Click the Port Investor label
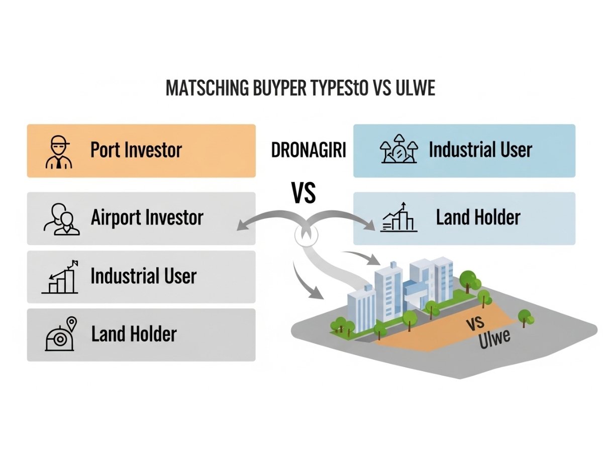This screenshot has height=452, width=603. [136, 150]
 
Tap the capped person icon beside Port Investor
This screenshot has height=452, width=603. [59, 151]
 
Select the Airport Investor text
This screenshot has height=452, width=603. [147, 217]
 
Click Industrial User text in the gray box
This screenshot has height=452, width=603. [143, 276]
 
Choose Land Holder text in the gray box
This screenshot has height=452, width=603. [134, 334]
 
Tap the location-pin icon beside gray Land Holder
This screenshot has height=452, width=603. [60, 335]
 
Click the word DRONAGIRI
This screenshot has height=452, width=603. [309, 151]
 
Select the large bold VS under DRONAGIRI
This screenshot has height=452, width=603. [304, 193]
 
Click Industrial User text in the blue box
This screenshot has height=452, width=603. [480, 150]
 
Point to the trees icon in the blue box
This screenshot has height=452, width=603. [397, 150]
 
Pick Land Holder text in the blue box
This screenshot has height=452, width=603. [478, 217]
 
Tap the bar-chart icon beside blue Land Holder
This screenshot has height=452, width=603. [399, 218]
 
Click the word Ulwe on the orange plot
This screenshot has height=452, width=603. [495, 340]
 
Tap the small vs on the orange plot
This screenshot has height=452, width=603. [475, 322]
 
